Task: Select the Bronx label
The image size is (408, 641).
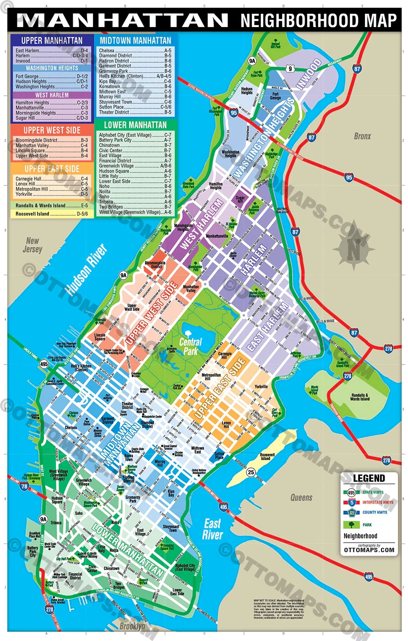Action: (362, 136)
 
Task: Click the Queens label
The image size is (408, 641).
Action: (301, 497)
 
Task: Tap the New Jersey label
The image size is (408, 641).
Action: (33, 245)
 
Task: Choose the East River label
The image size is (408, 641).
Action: (212, 529)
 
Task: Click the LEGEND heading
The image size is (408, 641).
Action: (369, 478)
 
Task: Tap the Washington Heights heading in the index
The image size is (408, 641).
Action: (52, 68)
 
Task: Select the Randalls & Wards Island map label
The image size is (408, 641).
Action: (359, 397)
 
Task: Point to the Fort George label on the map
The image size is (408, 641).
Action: (275, 95)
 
